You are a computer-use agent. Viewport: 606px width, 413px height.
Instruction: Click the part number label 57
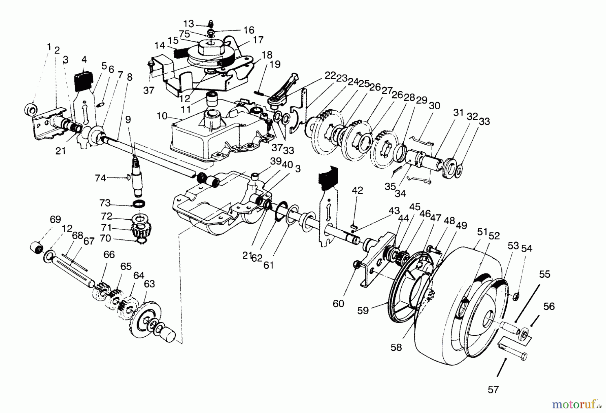point(493,390)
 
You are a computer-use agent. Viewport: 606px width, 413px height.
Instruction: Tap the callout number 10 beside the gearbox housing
point(162,116)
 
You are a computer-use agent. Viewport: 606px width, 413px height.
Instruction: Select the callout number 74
point(100,178)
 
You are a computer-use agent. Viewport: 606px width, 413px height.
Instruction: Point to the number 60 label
point(338,303)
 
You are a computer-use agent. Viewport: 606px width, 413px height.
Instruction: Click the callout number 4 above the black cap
point(84,60)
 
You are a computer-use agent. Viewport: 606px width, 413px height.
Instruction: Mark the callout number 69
point(55,220)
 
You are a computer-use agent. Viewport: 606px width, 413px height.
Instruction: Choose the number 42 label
point(358,190)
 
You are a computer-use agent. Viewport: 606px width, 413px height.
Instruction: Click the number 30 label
point(434,106)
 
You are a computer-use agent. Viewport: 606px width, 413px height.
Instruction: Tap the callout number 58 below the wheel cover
point(396,347)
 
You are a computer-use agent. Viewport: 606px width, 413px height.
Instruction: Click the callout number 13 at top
point(189,24)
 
